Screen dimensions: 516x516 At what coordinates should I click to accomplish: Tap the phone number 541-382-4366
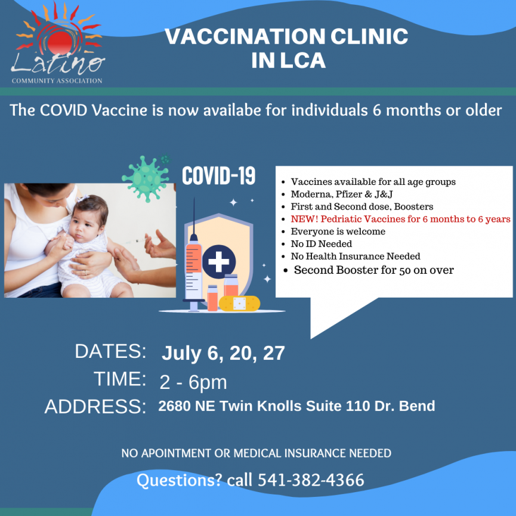tap(311, 480)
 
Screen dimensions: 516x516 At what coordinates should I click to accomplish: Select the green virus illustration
tap(144, 177)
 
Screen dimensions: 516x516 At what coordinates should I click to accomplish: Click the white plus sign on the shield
tap(218, 261)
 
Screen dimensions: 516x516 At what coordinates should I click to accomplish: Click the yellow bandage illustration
tap(239, 303)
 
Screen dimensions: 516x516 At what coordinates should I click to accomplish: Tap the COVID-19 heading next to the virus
tap(218, 176)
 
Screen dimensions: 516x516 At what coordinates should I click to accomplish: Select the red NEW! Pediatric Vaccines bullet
tap(400, 219)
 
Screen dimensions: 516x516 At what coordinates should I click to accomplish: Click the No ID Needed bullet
tap(321, 243)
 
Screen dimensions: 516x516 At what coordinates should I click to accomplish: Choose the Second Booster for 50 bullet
tap(373, 270)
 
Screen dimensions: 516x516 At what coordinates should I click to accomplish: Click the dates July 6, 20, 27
tap(223, 353)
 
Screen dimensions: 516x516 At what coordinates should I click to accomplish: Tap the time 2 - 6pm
tap(193, 382)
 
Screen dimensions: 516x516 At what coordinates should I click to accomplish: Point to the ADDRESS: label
tap(95, 407)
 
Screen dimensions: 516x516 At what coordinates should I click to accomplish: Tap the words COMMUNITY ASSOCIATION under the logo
tap(57, 81)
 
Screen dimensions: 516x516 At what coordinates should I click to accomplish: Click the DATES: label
tap(110, 351)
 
